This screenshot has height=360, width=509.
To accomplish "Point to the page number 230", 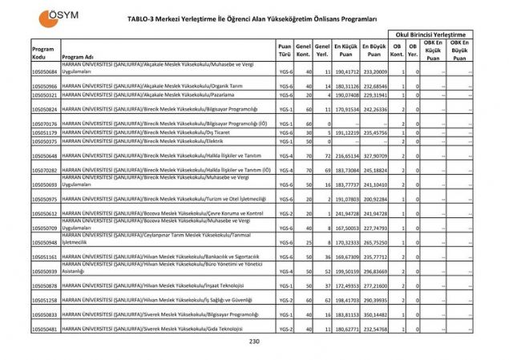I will coord(255,342).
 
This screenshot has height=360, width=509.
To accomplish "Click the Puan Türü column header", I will coord(285,51).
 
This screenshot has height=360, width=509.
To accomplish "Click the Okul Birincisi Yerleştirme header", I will coord(429,34).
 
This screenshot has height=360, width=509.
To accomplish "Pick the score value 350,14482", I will coord(374,314).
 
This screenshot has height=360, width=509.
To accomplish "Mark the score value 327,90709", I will coord(374,156).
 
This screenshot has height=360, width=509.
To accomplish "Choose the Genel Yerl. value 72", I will coord(327,156).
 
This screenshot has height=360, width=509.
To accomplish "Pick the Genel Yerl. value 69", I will coord(327,170).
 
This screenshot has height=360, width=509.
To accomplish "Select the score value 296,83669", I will coord(374,271).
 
